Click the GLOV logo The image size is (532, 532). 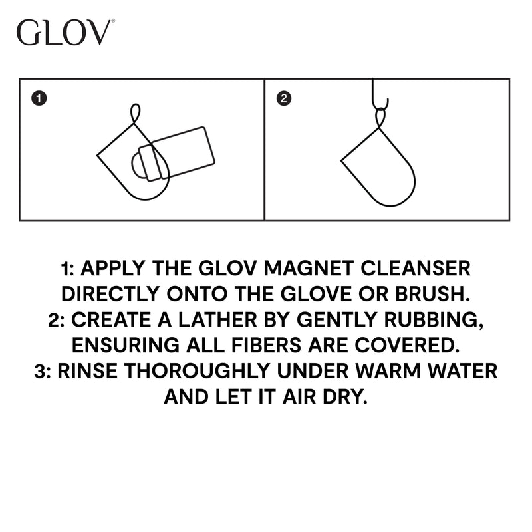(x=65, y=32)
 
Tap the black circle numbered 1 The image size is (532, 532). (x=39, y=98)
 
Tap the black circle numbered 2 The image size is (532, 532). (x=284, y=98)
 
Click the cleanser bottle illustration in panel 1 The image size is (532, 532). (x=174, y=154)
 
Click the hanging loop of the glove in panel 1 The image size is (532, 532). (x=136, y=114)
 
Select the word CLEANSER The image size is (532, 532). (x=415, y=269)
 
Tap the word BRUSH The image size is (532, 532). (x=433, y=294)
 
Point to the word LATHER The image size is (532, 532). (x=217, y=320)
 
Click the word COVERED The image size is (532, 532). (x=407, y=345)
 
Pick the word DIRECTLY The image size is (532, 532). (x=110, y=294)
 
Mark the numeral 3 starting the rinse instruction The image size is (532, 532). (x=40, y=371)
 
